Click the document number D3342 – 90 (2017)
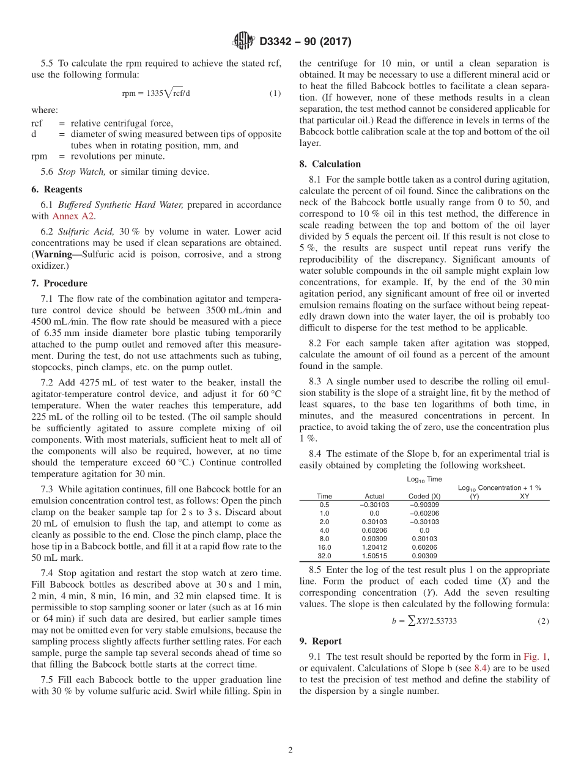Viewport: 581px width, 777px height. click(305, 42)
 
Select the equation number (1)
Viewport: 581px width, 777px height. click(275, 93)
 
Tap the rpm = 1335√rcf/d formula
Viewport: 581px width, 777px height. click(160, 93)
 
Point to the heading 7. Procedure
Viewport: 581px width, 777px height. click(59, 283)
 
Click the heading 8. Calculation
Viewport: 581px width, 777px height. click(330, 164)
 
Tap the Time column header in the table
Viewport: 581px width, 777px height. click(324, 497)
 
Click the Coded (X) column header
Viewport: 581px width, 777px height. click(424, 497)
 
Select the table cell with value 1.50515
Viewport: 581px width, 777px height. click(374, 556)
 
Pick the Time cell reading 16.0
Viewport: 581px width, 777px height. click(324, 548)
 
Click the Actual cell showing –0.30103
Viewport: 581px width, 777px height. click(374, 505)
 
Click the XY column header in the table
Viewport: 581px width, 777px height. click(524, 497)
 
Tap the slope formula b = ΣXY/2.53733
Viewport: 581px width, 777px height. click(424, 621)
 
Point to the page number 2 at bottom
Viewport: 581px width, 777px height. click(290, 751)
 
